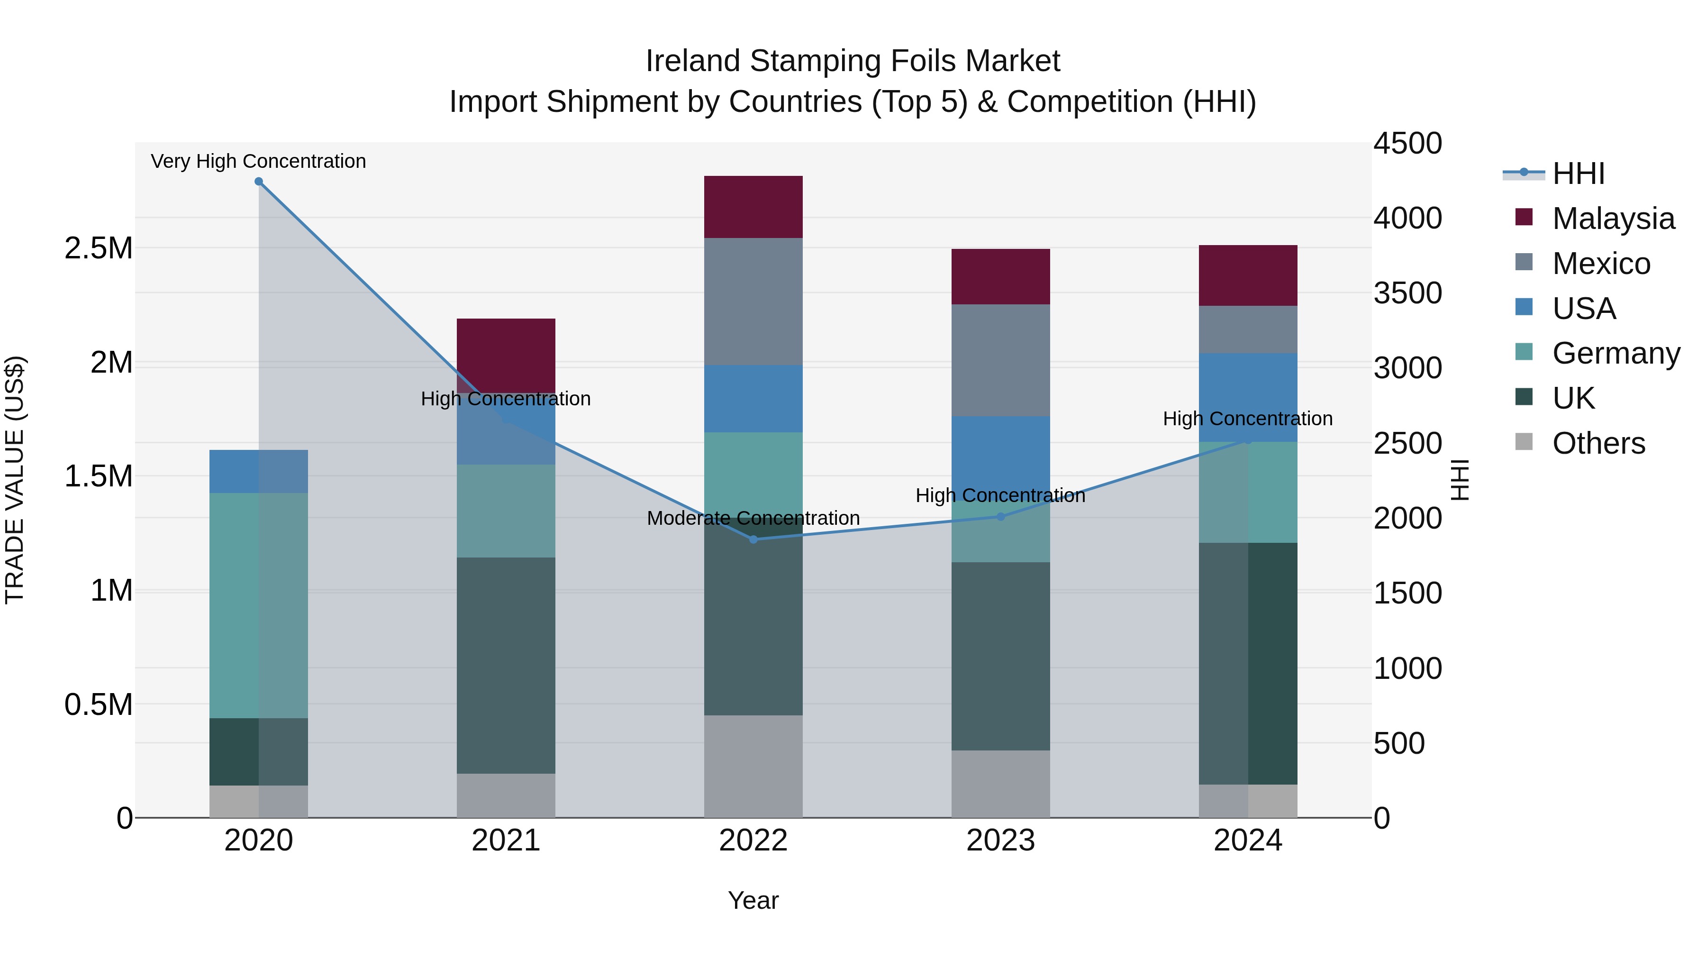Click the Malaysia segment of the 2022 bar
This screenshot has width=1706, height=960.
click(x=753, y=207)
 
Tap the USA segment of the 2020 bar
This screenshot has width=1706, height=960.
click(x=258, y=471)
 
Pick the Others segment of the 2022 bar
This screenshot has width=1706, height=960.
click(x=753, y=766)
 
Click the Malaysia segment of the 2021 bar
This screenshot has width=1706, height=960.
click(x=506, y=355)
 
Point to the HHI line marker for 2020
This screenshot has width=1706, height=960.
click(x=259, y=182)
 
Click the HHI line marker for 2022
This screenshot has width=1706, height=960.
click(x=753, y=539)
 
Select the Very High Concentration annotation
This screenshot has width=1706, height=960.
click(x=258, y=161)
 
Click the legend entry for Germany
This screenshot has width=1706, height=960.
click(x=1615, y=353)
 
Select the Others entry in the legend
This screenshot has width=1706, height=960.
click(x=1598, y=443)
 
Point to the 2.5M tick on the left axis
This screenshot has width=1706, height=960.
click(x=98, y=248)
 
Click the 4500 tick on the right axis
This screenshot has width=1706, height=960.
click(x=1407, y=143)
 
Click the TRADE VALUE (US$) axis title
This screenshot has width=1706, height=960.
click(x=15, y=480)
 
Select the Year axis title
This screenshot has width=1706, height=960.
click(x=753, y=900)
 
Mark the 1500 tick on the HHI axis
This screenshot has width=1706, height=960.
click(x=1407, y=593)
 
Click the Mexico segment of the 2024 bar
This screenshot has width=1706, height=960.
click(x=1248, y=329)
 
